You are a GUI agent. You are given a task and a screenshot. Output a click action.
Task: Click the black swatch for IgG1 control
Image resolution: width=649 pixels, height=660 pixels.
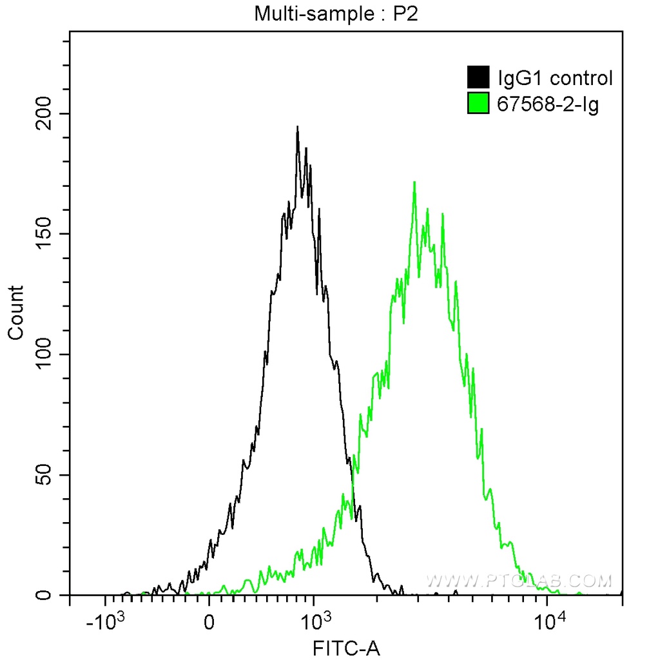tap(478, 77)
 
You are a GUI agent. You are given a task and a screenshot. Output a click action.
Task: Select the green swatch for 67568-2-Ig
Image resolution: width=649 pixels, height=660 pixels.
tap(478, 103)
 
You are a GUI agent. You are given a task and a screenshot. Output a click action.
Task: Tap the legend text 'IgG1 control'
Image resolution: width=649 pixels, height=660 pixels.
tap(555, 78)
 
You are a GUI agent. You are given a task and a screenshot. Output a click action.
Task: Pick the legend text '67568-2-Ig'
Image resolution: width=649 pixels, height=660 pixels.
tap(548, 103)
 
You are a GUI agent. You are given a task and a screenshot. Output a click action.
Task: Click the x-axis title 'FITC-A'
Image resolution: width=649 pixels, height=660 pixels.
tap(345, 648)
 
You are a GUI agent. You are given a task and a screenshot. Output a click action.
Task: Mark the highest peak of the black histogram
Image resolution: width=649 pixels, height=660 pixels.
tap(297, 127)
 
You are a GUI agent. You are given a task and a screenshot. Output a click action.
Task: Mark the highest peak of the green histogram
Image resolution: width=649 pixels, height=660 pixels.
tap(414, 182)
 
